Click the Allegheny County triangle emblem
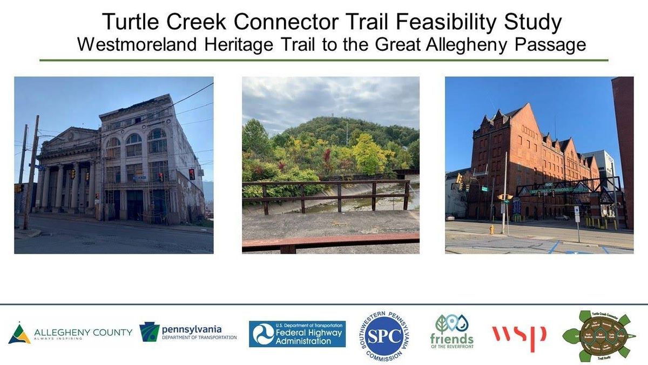pyautogui.click(x=19, y=334)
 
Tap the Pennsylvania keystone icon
pyautogui.click(x=149, y=332)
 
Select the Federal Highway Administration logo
pyautogui.click(x=297, y=334)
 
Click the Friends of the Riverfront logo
pyautogui.click(x=451, y=331)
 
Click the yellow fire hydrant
pyautogui.click(x=491, y=229)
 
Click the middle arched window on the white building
pyautogui.click(x=134, y=145)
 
